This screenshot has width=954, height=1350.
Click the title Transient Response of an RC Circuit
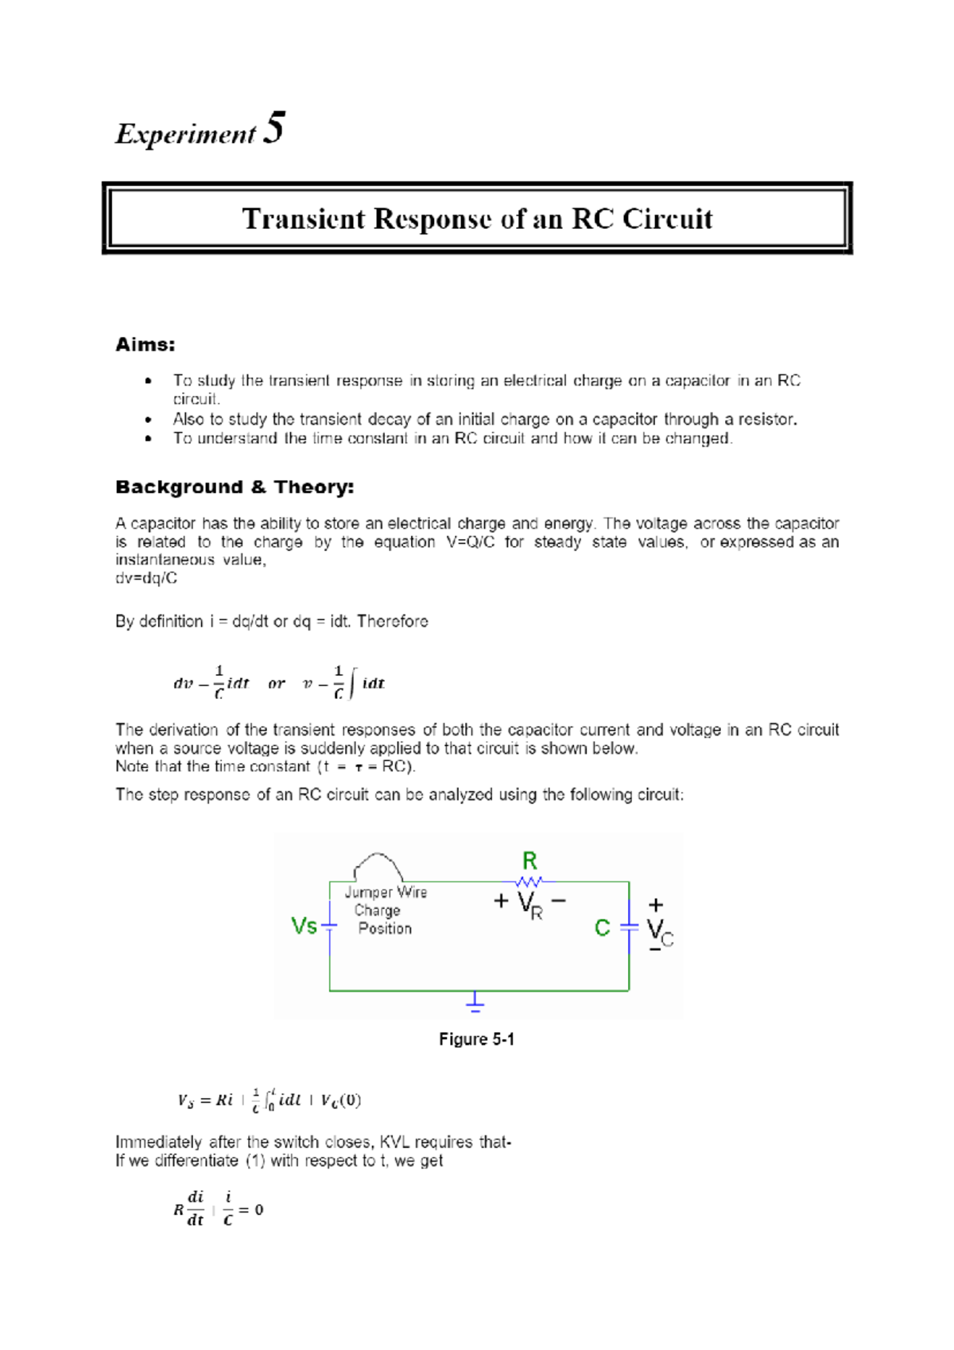477,219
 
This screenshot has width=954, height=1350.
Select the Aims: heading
145,344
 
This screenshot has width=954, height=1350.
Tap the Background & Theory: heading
235,487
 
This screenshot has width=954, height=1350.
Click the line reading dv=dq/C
146,578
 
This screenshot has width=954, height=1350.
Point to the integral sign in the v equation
351,683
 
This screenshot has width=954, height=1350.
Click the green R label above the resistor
529,860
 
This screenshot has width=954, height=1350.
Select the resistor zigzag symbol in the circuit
529,881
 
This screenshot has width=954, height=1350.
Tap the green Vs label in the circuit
304,926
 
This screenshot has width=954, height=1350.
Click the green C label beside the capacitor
603,928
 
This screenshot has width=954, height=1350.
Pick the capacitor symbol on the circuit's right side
629,927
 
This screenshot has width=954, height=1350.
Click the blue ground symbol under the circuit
475,1003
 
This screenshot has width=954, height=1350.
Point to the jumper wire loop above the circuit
378,865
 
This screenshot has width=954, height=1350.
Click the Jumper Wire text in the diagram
386,893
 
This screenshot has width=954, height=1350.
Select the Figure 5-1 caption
476,1039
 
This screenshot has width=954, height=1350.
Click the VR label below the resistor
529,905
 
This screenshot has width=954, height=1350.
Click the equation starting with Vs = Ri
269,1100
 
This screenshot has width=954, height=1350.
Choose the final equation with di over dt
219,1208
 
